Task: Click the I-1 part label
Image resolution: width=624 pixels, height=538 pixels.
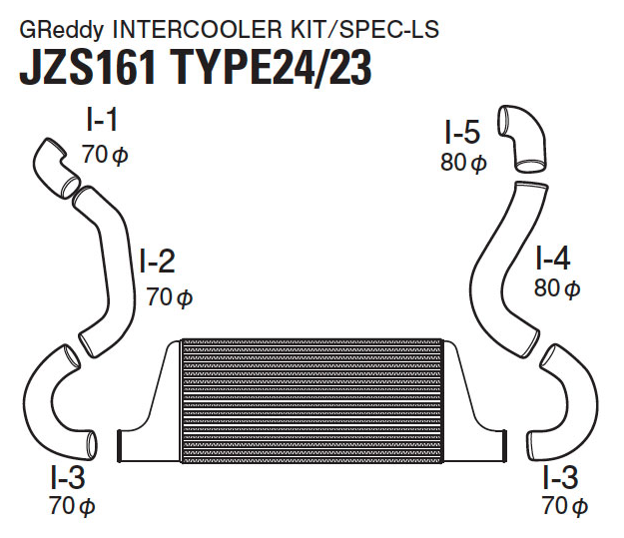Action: tap(102, 122)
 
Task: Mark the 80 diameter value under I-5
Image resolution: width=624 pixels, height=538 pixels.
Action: tap(463, 163)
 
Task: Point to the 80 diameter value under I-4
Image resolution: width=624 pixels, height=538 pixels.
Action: tap(556, 290)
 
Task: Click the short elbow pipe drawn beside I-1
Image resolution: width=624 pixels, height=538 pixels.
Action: tap(54, 164)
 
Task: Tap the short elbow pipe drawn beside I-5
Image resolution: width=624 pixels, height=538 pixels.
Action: tap(524, 137)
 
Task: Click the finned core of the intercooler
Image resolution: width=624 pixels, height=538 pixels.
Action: tap(311, 399)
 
